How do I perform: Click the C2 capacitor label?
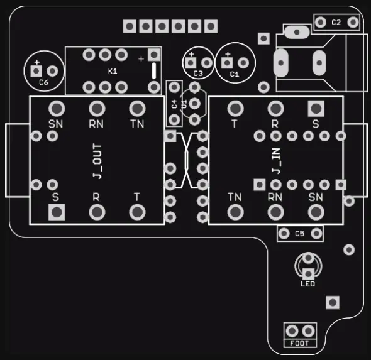[x=336, y=23]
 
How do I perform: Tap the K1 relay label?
[x=113, y=71]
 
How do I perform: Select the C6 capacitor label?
[x=43, y=82]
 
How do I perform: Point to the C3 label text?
[x=198, y=74]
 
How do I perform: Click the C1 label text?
[x=235, y=74]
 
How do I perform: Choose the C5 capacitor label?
[x=299, y=234]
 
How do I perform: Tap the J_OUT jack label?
[x=97, y=161]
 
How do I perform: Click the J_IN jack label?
[x=276, y=161]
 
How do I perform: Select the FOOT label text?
[x=299, y=343]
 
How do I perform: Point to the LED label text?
[x=308, y=284]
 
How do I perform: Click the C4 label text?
[x=174, y=104]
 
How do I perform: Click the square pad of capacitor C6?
[x=36, y=71]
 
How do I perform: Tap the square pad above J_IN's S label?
[x=316, y=109]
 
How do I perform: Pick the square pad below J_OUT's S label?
[x=57, y=212]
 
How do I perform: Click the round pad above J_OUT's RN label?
[x=97, y=109]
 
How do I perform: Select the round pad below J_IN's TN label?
[x=235, y=212]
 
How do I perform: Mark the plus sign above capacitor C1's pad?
[x=228, y=55]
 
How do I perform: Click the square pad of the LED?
[x=308, y=274]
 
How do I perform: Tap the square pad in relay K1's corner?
[x=154, y=55]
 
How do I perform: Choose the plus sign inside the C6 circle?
[x=37, y=62]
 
